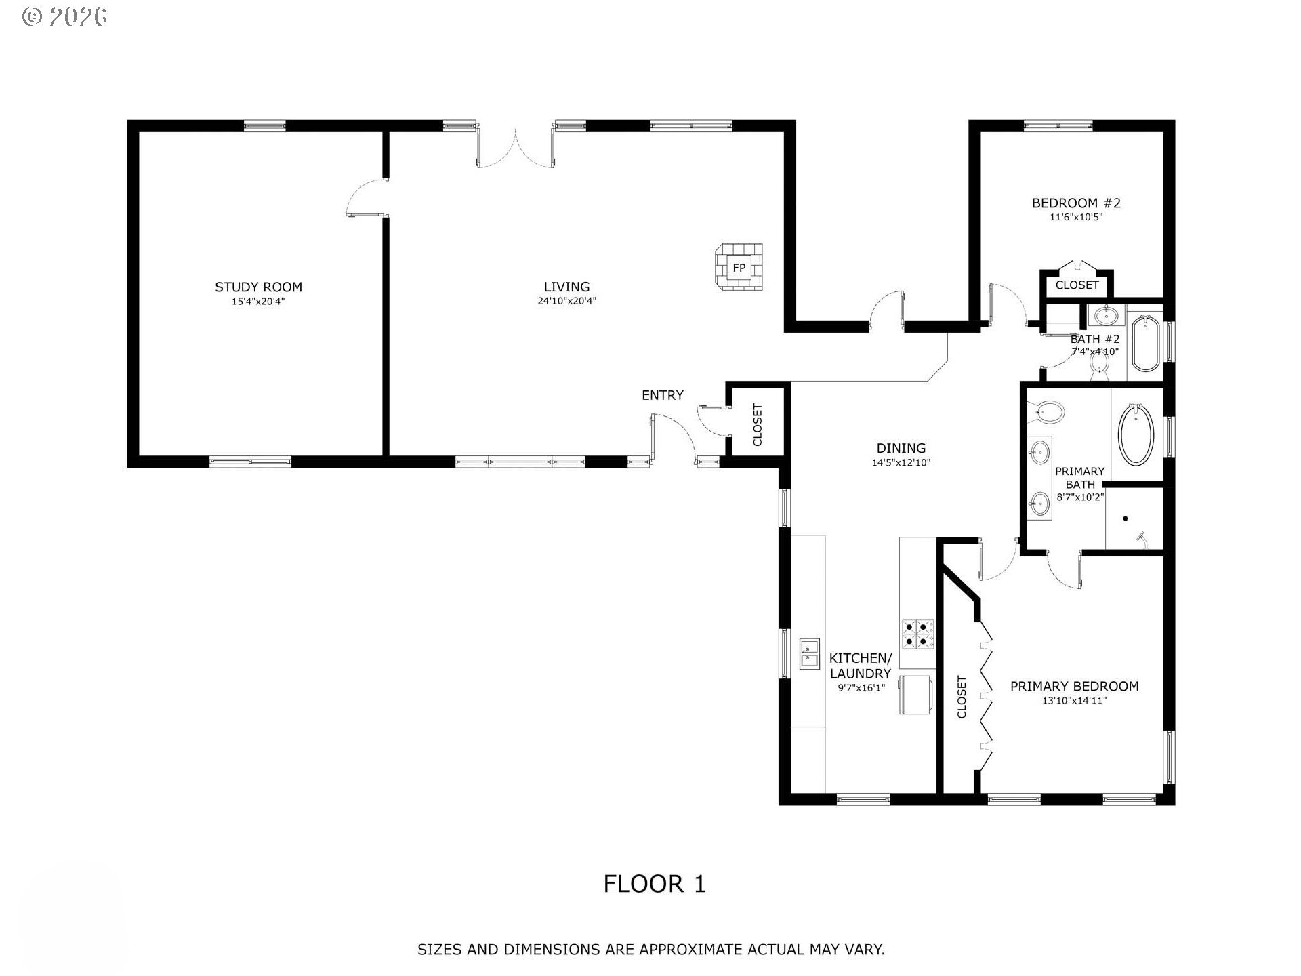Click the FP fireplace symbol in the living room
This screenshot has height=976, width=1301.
click(739, 268)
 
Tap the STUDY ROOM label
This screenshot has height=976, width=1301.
click(258, 287)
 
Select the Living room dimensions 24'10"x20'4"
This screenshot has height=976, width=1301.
click(567, 301)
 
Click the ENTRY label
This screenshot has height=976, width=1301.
click(663, 395)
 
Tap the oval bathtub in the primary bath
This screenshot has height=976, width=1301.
click(1136, 434)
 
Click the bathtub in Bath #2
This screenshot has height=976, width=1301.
click(1145, 344)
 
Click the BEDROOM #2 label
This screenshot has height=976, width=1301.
click(1076, 203)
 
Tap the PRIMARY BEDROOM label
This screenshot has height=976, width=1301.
click(1074, 687)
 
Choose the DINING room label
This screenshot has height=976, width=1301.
click(901, 448)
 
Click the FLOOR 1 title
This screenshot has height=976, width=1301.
click(655, 884)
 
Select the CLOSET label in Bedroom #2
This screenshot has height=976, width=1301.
click(1077, 285)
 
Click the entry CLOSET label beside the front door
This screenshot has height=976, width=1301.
click(758, 425)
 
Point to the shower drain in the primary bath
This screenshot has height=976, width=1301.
click(1126, 518)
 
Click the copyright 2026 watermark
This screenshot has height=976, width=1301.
click(65, 17)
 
